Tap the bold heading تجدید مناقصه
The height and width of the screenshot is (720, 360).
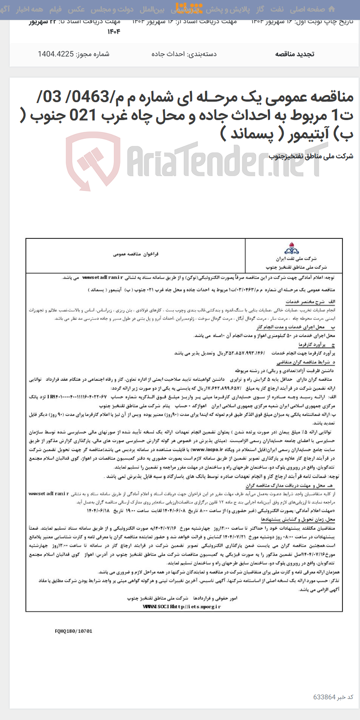pos(295,54)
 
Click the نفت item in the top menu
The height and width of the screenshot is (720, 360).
pos(277,9)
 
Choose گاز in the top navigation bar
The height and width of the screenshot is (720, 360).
pos(260,9)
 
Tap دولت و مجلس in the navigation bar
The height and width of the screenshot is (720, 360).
pos(113,9)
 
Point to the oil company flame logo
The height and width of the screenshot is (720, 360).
pos(292,249)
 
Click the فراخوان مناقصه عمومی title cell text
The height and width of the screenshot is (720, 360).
pos(135,254)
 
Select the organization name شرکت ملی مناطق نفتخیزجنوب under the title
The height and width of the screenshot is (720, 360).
pos(311,156)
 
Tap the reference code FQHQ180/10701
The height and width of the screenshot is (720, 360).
pos(74,631)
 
